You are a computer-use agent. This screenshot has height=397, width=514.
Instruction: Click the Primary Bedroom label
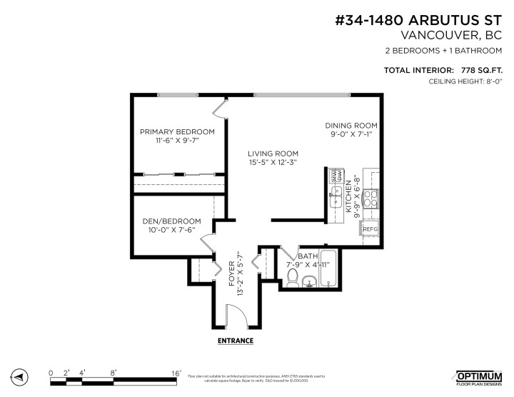coord(177,131)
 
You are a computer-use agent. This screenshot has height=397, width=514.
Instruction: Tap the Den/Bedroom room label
coord(171,221)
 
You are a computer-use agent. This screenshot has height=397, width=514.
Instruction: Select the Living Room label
coord(273,154)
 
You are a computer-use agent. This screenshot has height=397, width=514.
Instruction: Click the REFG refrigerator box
coord(370,228)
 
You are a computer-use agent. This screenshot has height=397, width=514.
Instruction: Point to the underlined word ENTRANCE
coord(236,341)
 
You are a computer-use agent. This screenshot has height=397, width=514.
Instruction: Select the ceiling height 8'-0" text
coord(492,82)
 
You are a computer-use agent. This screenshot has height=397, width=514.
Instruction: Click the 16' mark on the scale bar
coord(176,372)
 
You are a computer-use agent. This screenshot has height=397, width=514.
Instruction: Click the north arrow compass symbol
coord(19,376)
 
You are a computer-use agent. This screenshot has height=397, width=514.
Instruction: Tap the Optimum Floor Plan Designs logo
coord(478,376)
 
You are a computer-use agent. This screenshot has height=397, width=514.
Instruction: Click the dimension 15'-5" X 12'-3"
coord(273,164)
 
